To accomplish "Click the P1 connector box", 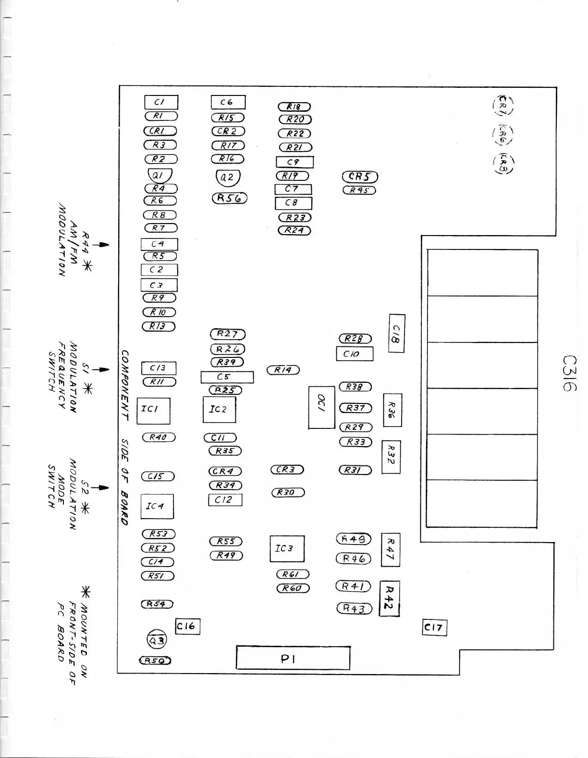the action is click(x=293, y=658).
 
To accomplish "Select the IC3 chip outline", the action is click(x=287, y=548).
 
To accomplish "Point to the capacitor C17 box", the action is click(x=434, y=627).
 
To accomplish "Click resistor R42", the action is click(x=390, y=599).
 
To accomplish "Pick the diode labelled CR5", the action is click(x=360, y=177).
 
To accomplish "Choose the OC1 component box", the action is click(x=321, y=407).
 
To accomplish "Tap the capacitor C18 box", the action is click(x=396, y=333).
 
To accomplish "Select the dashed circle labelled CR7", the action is click(x=502, y=105).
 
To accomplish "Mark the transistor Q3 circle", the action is click(x=157, y=640).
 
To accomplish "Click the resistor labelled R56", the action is click(x=229, y=198).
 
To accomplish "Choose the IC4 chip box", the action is click(x=157, y=506).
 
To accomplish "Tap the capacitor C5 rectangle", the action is click(x=227, y=377).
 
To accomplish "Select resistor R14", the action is click(x=283, y=370).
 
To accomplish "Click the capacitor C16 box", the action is click(x=187, y=626).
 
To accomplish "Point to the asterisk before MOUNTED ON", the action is click(x=86, y=593).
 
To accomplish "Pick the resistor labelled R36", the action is click(x=392, y=410).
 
